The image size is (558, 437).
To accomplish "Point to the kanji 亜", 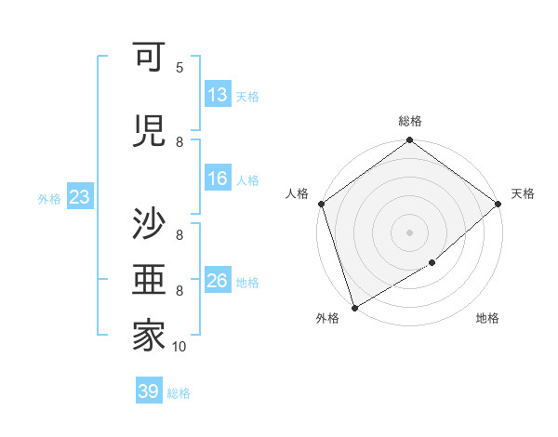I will click(149, 281).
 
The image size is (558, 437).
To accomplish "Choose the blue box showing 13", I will click(218, 95).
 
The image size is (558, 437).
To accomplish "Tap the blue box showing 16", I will click(218, 179).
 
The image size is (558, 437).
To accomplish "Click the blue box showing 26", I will click(218, 281).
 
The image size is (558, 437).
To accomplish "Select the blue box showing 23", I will click(79, 197).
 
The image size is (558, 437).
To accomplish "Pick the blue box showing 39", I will click(149, 391).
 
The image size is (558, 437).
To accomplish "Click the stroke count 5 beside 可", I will click(179, 68).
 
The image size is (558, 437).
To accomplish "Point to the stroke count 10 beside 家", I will click(179, 347).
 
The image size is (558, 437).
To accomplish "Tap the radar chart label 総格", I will click(410, 121).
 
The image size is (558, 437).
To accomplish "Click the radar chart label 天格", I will click(523, 193).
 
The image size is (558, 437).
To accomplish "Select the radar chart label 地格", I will click(487, 319).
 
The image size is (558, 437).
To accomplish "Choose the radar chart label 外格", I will click(327, 319).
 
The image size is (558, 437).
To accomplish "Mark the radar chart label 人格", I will click(298, 193).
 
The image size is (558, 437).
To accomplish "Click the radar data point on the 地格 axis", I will click(432, 264).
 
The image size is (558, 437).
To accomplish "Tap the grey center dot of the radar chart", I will click(410, 232).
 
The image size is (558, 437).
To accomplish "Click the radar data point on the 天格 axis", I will click(498, 203).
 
